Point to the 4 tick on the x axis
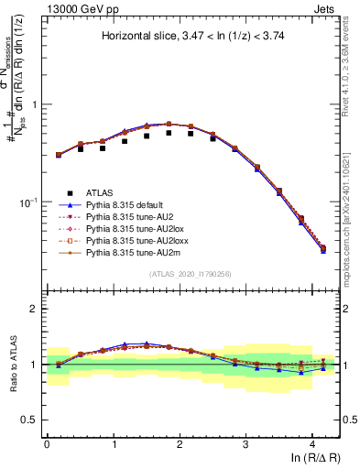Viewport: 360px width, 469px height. (312, 439)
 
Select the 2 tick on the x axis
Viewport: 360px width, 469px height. (180, 439)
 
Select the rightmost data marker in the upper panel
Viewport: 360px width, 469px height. (322, 248)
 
